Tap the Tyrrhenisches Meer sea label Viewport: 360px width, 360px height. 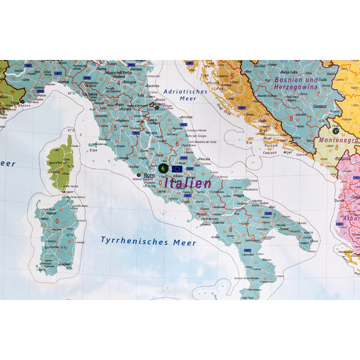point(140,241)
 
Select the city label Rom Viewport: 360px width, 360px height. point(149,176)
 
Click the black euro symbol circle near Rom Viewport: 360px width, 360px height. point(164,169)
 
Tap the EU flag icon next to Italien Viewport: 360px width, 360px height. point(178,169)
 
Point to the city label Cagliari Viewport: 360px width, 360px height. point(64,263)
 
